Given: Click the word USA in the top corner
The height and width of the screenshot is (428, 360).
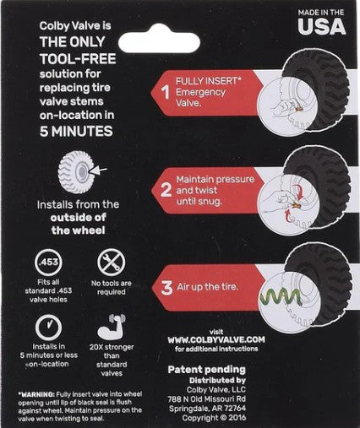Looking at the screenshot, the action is tap(322, 27).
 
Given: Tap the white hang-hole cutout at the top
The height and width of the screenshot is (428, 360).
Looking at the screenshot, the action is tap(159, 41).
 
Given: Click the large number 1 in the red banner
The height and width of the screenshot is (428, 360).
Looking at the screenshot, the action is tap(165, 93).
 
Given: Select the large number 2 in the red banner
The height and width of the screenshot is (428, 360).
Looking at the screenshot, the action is tap(166, 190).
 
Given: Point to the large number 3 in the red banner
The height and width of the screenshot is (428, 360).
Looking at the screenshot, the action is tap(166, 288).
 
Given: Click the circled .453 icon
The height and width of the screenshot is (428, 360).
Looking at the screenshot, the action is tap(48, 263).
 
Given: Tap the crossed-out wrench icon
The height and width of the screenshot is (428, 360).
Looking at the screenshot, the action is tap(112, 263).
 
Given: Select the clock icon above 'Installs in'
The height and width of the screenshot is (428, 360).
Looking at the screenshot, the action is tap(48, 328).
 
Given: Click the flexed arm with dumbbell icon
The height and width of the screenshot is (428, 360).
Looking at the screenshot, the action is tap(111, 327).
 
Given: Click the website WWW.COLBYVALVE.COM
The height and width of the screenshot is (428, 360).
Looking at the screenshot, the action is tap(216, 340).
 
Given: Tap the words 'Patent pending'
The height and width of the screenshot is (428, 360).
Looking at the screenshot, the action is tap(207, 370).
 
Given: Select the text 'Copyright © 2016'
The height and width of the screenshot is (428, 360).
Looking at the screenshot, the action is tap(214, 418).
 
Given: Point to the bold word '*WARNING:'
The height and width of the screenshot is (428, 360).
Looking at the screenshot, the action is tap(36, 394).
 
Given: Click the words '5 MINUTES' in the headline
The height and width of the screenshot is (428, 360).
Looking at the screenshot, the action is tap(76, 132).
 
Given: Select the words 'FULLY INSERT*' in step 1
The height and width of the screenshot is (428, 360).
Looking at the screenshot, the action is tap(209, 81).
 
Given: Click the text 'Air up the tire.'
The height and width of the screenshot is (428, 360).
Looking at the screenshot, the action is tap(208, 287).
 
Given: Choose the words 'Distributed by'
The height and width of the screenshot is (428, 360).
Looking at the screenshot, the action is tap(217, 381).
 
